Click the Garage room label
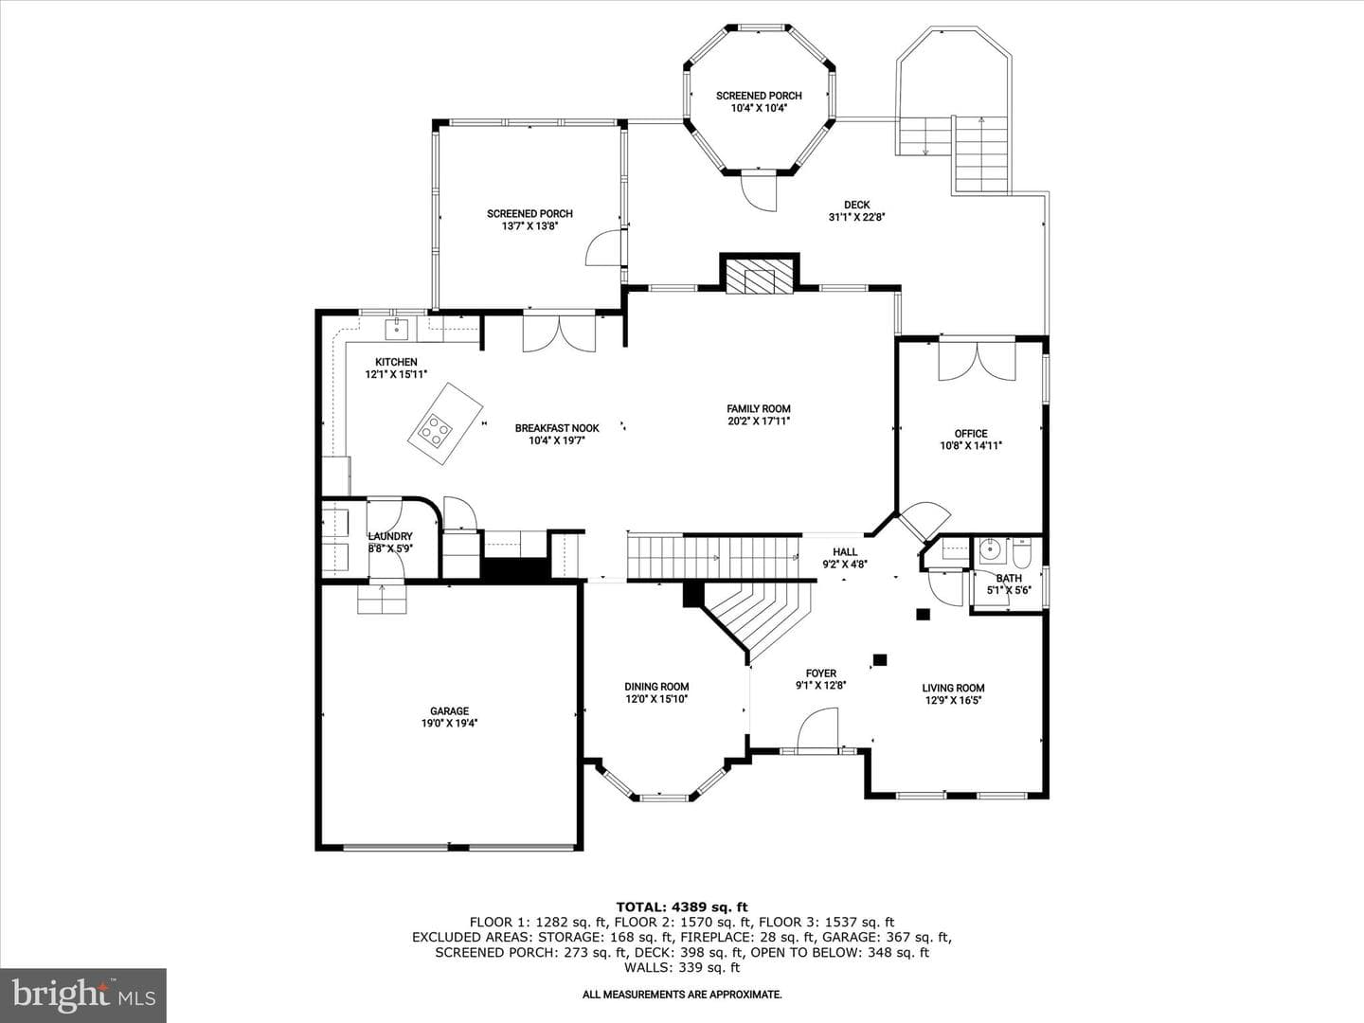pos(449,710)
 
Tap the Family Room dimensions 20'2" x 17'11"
pos(759,422)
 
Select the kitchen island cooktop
pos(435,430)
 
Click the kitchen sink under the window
pos(397,329)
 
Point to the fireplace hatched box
pos(760,275)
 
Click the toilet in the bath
pos(1022,550)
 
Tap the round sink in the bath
pos(991,550)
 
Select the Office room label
pos(971,434)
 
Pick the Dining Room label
pos(656,687)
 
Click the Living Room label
pos(953,688)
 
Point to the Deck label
pos(857,205)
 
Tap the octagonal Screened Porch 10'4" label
pos(759,102)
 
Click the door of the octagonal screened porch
pos(759,189)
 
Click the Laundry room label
pos(390,537)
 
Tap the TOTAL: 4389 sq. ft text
pos(682,907)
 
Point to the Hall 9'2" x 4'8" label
pos(845,558)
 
